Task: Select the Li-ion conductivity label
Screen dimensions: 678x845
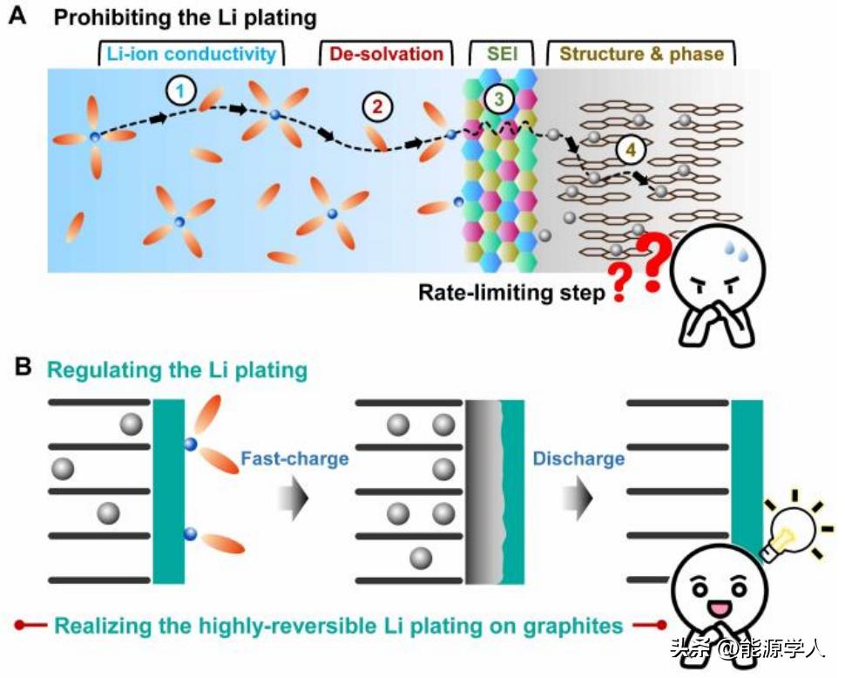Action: point(192,54)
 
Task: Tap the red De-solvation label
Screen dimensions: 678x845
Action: point(386,54)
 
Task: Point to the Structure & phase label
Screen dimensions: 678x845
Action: point(641,54)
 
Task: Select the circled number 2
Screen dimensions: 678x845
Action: point(376,108)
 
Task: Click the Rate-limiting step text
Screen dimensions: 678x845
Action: point(510,293)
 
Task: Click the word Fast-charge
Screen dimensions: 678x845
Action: point(295,458)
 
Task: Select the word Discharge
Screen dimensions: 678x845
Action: point(578,458)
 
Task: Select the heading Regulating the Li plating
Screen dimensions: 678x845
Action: point(177,370)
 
